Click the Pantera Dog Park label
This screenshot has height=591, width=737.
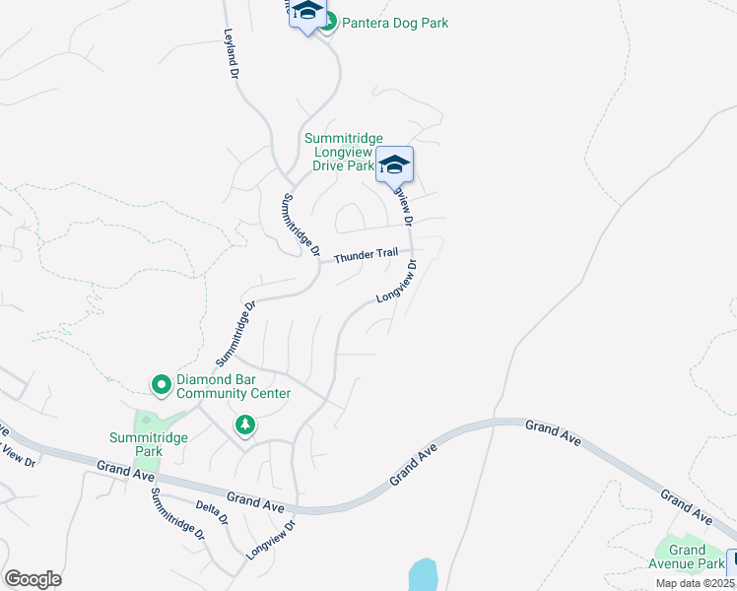[394, 22]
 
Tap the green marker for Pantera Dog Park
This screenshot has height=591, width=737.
[328, 21]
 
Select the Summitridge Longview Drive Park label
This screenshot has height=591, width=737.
[342, 153]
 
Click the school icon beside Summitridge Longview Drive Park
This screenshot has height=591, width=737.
[394, 165]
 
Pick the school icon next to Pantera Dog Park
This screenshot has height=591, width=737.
[307, 14]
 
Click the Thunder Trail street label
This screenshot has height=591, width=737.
[366, 256]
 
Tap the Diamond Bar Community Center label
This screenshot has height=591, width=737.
[234, 386]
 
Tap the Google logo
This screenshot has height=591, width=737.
[33, 579]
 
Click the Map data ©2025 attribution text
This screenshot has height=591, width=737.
[695, 583]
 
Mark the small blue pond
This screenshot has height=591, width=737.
[422, 575]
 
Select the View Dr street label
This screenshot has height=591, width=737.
[17, 456]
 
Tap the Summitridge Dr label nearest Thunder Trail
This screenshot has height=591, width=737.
[301, 226]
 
